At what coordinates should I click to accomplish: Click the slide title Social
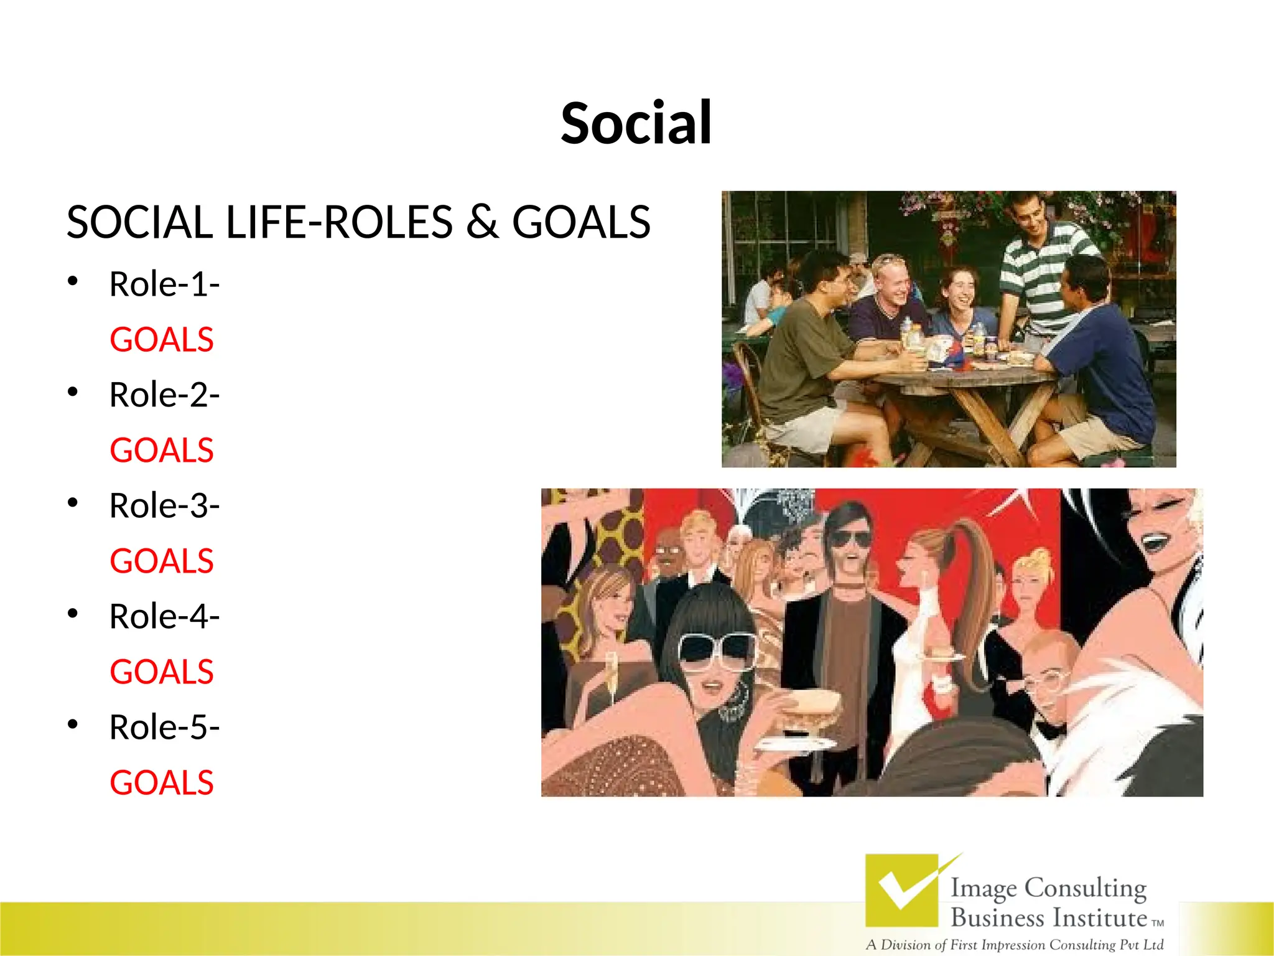636,123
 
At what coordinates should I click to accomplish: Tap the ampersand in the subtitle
482,222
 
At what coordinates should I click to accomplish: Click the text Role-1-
164,284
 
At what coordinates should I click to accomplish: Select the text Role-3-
164,505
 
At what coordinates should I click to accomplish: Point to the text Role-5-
164,727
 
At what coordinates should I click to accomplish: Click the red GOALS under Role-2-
162,451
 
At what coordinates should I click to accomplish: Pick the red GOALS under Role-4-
162,672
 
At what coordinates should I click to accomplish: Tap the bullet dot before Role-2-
73,392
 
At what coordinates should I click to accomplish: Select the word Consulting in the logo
1086,888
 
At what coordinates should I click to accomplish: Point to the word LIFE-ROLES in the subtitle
339,222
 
